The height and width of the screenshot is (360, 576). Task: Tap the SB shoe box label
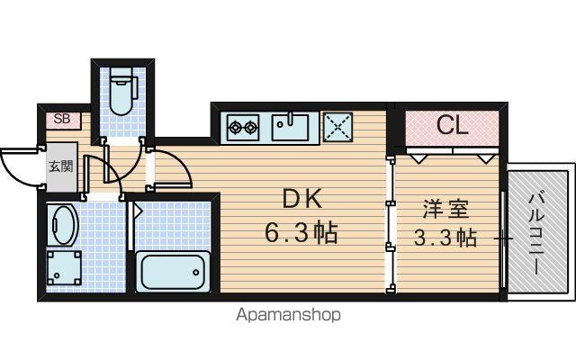pyautogui.click(x=62, y=119)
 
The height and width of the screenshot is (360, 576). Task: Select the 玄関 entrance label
pyautogui.click(x=61, y=166)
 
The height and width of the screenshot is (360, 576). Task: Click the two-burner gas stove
pyautogui.click(x=243, y=128)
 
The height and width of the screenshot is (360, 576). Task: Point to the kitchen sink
pyautogui.click(x=290, y=127)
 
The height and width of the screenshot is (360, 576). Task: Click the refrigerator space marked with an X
pyautogui.click(x=337, y=127)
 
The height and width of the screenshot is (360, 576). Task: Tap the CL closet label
pyautogui.click(x=452, y=125)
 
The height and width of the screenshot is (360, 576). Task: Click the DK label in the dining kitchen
pyautogui.click(x=302, y=200)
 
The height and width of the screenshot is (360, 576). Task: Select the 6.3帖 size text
pyautogui.click(x=301, y=233)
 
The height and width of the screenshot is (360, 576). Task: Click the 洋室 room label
pyautogui.click(x=445, y=209)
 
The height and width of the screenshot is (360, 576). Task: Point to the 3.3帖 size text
pyautogui.click(x=445, y=238)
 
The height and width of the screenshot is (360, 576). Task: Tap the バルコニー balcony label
pyautogui.click(x=536, y=234)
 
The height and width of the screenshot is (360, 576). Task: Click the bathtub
pyautogui.click(x=173, y=272)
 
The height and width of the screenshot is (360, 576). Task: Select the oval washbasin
pyautogui.click(x=63, y=225)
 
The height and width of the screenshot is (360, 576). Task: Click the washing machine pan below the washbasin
pyautogui.click(x=64, y=268)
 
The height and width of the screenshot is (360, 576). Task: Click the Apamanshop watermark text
pyautogui.click(x=288, y=315)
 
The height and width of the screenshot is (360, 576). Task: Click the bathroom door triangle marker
pyautogui.click(x=138, y=211)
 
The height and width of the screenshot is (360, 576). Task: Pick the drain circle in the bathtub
pyautogui.click(x=196, y=272)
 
